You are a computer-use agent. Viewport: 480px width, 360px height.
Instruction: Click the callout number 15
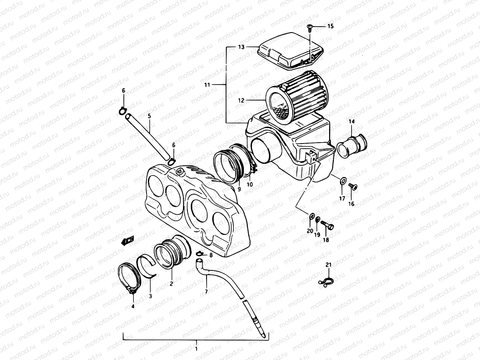click(330, 26)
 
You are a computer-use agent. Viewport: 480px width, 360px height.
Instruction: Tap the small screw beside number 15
click(309, 28)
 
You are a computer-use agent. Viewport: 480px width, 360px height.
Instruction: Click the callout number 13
click(241, 47)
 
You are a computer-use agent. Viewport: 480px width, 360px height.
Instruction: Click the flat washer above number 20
click(312, 216)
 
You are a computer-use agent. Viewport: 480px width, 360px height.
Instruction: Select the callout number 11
click(207, 85)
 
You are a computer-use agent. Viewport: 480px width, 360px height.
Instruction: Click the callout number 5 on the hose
click(149, 116)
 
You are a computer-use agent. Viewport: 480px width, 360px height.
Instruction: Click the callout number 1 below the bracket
click(196, 349)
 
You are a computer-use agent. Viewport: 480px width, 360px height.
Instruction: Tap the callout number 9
click(239, 189)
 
